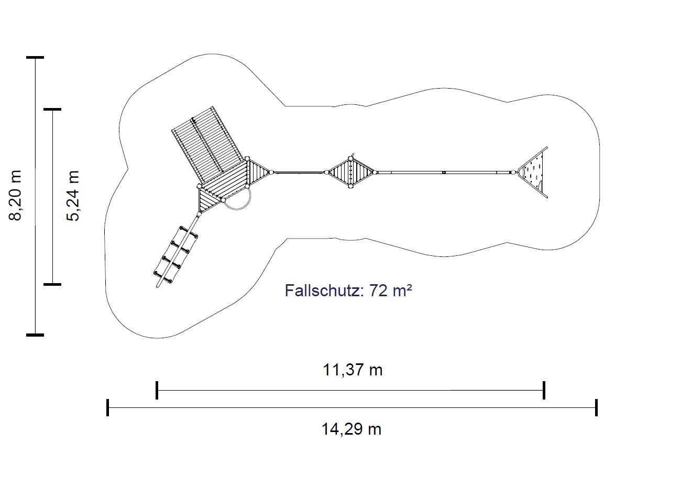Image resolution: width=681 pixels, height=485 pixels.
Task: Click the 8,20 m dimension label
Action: point(15,196)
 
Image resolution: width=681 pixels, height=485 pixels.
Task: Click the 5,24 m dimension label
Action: point(73,196)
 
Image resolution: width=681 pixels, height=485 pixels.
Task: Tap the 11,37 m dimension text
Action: point(353,370)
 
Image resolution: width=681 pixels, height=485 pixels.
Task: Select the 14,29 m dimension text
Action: point(351,429)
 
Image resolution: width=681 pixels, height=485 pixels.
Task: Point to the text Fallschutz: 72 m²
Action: point(348,290)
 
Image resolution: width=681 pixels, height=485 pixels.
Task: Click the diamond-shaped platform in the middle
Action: point(350,172)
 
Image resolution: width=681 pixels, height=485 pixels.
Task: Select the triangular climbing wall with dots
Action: point(533,172)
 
